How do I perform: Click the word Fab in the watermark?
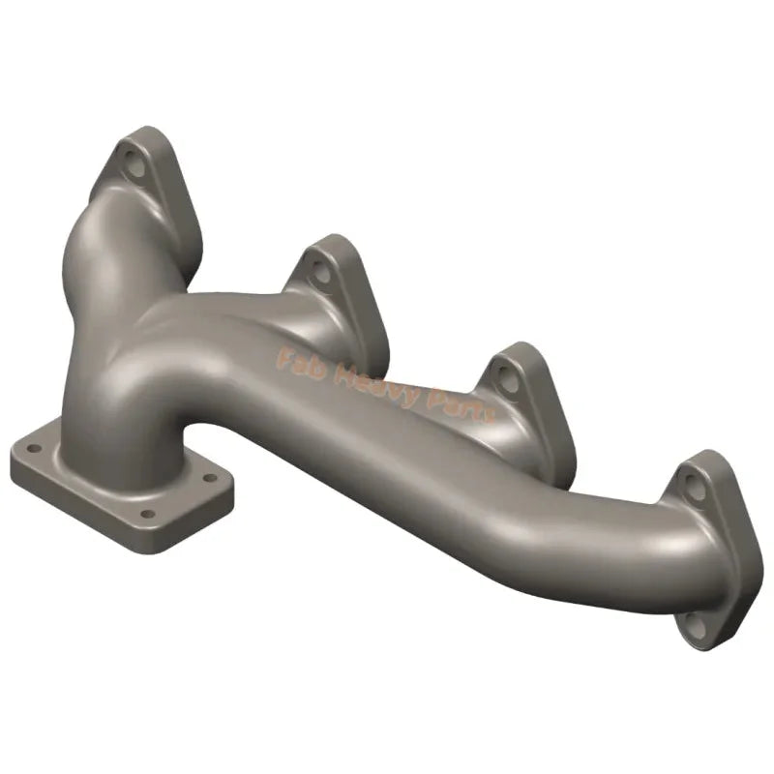click(297, 361)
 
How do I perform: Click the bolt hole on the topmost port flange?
click(136, 165)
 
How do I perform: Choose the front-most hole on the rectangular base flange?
click(147, 515)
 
